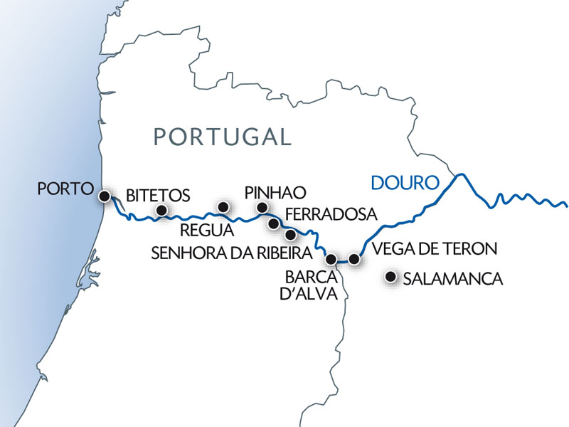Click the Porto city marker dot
tap(105, 196)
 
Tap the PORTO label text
tap(66, 189)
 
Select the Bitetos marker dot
tap(161, 210)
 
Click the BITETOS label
tap(158, 195)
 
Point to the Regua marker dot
tap(223, 207)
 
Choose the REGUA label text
tap(208, 230)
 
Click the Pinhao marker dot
tap(262, 208)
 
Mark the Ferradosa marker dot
tap(274, 223)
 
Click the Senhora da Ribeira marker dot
tap(290, 234)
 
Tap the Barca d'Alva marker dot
tap(330, 259)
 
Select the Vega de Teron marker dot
tap(354, 259)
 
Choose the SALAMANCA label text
tap(452, 279)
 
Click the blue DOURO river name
tap(405, 183)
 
